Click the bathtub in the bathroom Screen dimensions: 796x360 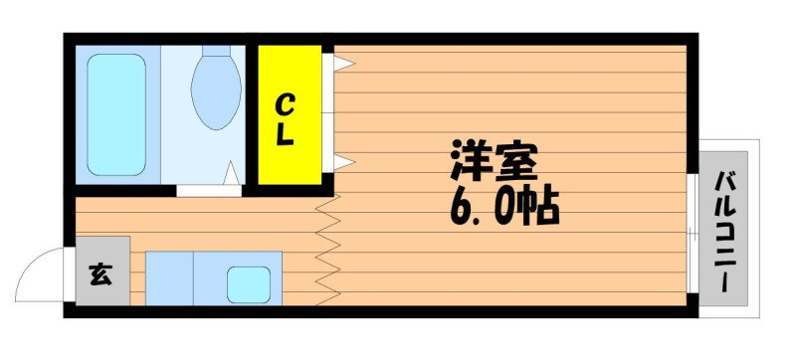[116, 114]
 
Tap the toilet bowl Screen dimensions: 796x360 [216, 92]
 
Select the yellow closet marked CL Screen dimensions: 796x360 [290, 115]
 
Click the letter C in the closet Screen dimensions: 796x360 [286, 105]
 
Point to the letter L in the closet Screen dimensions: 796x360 [286, 135]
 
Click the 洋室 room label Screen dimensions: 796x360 [494, 162]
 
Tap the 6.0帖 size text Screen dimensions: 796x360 [504, 207]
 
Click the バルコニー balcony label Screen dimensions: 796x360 [724, 232]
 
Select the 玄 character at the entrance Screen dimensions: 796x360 [101, 274]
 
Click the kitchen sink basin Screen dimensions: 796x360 [249, 285]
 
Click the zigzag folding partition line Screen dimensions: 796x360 [327, 250]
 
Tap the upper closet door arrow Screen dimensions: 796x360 [344, 64]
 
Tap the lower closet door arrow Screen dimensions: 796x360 [344, 162]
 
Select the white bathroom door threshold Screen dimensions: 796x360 [209, 191]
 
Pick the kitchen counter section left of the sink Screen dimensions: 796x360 [169, 278]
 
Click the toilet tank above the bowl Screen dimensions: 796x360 [216, 51]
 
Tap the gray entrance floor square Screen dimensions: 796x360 [102, 270]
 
